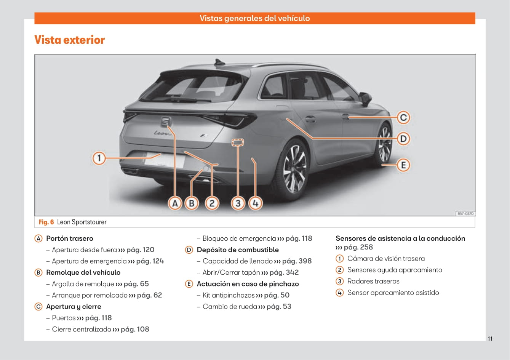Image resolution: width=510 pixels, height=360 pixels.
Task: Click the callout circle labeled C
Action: pyautogui.click(x=403, y=117)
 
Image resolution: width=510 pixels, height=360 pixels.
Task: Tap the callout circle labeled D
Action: pyautogui.click(x=403, y=138)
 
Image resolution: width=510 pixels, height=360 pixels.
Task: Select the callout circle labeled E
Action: pyautogui.click(x=403, y=165)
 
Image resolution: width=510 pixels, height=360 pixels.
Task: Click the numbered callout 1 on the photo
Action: pyautogui.click(x=99, y=158)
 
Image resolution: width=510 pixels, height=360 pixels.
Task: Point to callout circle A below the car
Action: pyautogui.click(x=175, y=203)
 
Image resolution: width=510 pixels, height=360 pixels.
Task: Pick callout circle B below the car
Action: pyautogui.click(x=192, y=203)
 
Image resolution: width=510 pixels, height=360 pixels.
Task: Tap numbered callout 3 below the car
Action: pyautogui.click(x=238, y=203)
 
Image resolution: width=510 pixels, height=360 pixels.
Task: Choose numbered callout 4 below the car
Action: pyautogui.click(x=255, y=203)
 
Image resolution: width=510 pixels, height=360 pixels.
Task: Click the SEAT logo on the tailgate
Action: pyautogui.click(x=166, y=122)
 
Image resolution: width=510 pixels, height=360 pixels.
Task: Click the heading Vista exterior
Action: pyautogui.click(x=69, y=40)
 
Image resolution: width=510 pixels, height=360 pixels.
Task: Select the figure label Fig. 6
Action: pyautogui.click(x=46, y=222)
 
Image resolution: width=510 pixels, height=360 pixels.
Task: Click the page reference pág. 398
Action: pyautogui.click(x=297, y=261)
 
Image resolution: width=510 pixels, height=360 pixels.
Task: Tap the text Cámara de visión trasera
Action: pyautogui.click(x=386, y=259)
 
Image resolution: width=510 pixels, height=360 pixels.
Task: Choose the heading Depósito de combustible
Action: pyautogui.click(x=238, y=250)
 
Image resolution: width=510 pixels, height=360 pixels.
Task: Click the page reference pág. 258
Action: pyautogui.click(x=358, y=247)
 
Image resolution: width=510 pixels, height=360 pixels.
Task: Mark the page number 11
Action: pyautogui.click(x=490, y=339)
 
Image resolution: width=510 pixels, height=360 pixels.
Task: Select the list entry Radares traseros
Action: pyautogui.click(x=373, y=282)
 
